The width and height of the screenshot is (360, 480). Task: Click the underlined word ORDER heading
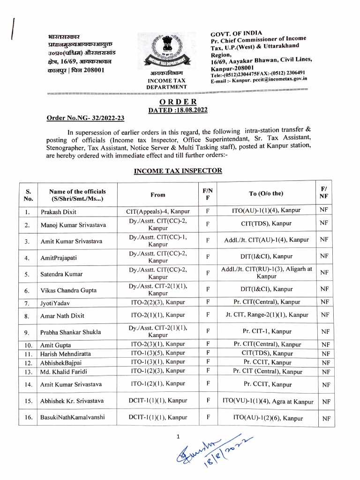tap(178, 102)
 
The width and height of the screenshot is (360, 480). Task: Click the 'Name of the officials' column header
tap(78, 195)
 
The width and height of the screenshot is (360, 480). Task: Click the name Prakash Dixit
tap(59, 212)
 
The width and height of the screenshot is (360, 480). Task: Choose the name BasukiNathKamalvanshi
tap(73, 418)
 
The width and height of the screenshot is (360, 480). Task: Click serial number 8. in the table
tap(28, 316)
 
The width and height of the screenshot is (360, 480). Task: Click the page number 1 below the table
tap(178, 437)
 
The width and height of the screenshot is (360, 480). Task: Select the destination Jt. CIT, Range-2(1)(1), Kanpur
tap(266, 315)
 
